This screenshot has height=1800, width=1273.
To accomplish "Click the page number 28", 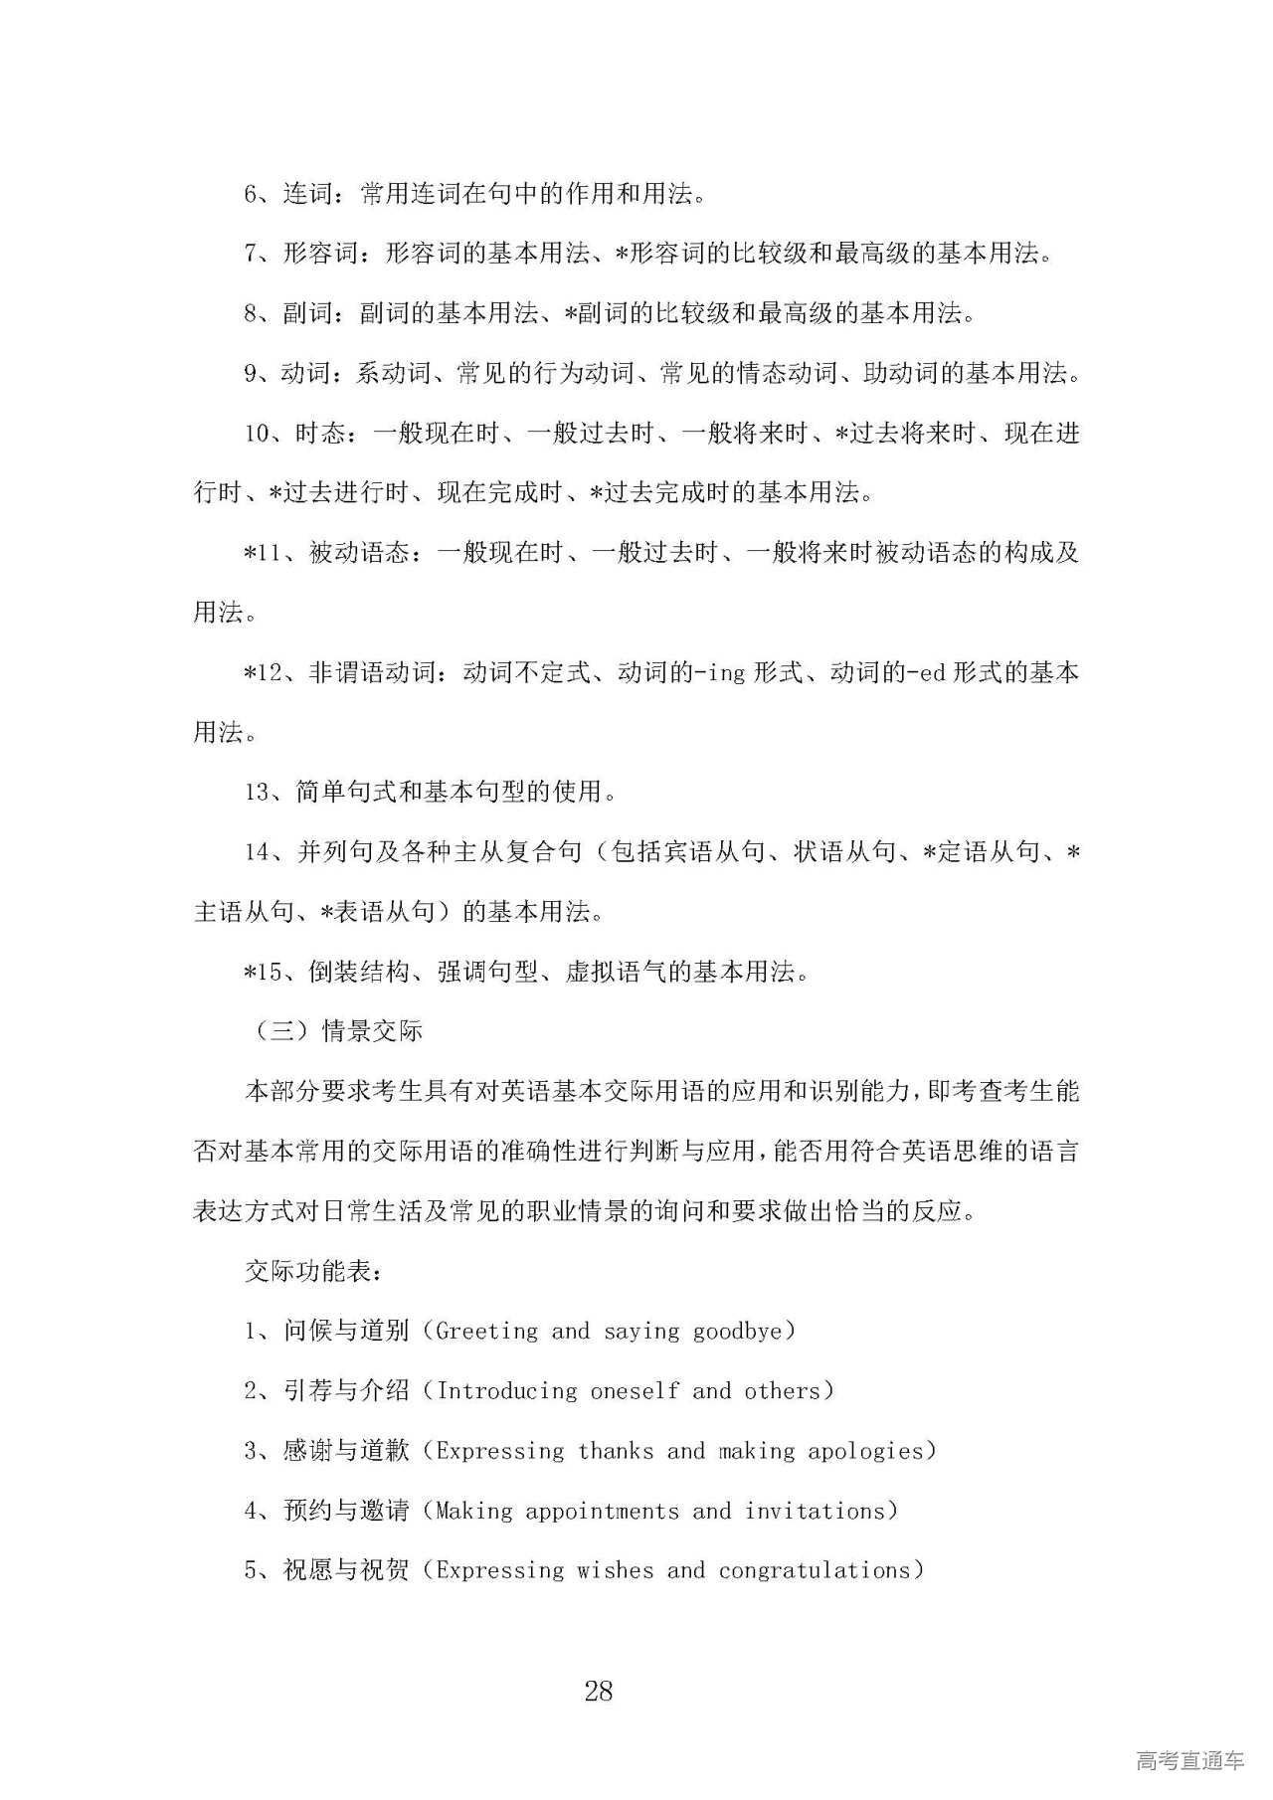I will point(599,1692).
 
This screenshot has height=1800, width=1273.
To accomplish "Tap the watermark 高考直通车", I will point(1189,1760).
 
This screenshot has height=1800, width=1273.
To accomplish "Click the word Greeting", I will point(486,1331).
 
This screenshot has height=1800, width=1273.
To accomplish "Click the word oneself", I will point(636,1390).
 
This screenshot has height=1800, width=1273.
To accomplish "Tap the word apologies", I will point(865,1451).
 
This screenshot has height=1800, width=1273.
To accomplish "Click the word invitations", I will point(815,1511).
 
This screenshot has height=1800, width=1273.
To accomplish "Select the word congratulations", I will point(815,1570).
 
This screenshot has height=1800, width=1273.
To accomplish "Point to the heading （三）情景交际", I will point(333,1031).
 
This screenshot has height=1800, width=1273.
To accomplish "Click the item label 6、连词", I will point(288,194).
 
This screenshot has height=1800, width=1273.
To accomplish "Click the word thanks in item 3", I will point(616,1451).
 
